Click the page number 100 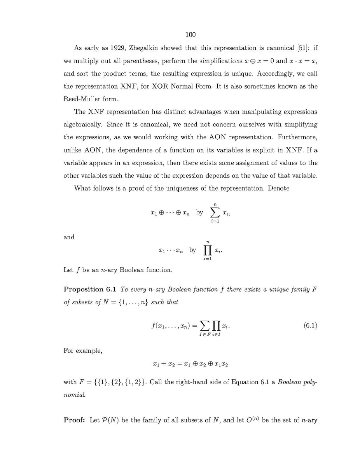190,35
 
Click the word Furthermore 297,137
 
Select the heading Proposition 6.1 90,289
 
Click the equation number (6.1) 310,326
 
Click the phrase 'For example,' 83,351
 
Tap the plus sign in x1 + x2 166,364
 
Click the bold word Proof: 74,420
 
